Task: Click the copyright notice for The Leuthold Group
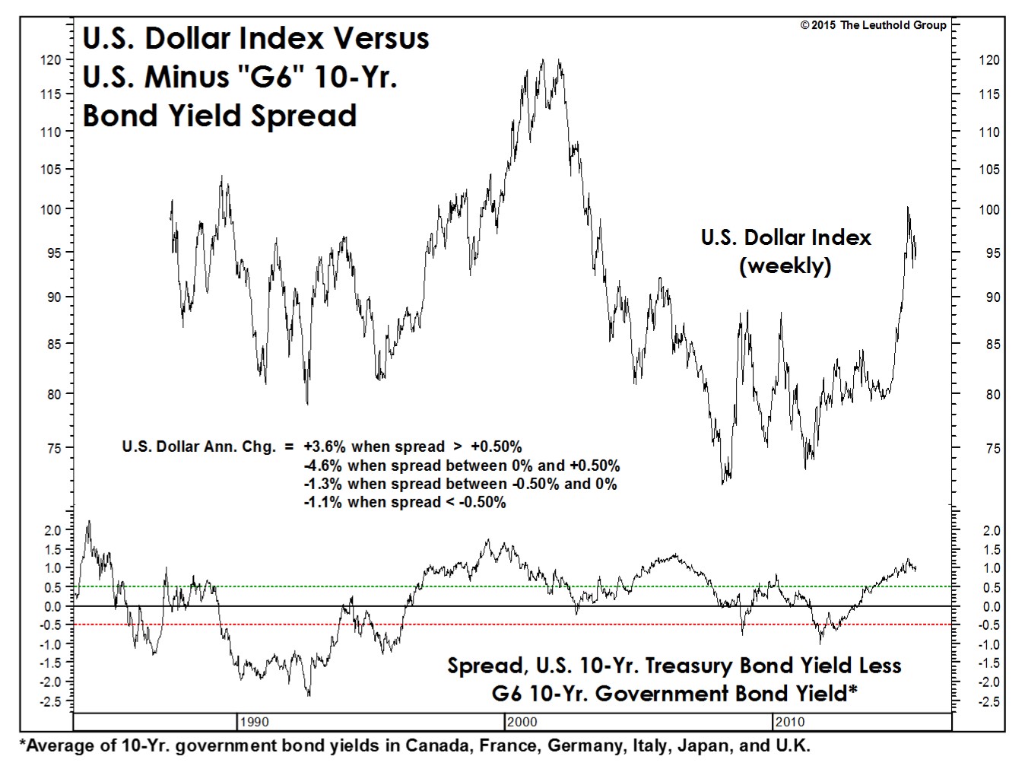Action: (873, 25)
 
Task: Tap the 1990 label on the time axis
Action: (253, 722)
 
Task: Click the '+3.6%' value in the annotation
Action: (320, 447)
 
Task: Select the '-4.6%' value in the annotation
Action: (319, 466)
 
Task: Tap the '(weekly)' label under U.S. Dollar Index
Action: (785, 265)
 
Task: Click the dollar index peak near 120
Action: (542, 60)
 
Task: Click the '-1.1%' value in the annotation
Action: (319, 502)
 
